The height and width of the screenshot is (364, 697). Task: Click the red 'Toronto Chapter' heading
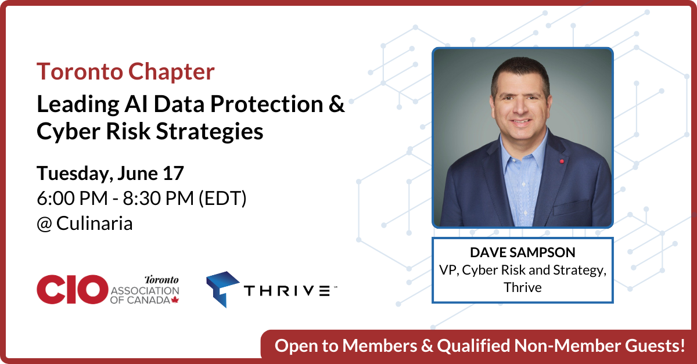pyautogui.click(x=125, y=71)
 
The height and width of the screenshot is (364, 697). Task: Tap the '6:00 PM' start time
pyautogui.click(x=72, y=198)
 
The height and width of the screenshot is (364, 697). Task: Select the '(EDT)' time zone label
pyautogui.click(x=222, y=199)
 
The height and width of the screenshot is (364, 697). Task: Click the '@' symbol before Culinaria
pyautogui.click(x=44, y=224)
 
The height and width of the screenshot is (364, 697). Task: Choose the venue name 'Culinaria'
pyautogui.click(x=94, y=223)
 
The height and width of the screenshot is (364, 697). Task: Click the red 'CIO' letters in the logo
pyautogui.click(x=72, y=289)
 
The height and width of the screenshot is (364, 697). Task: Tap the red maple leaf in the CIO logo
pyautogui.click(x=175, y=300)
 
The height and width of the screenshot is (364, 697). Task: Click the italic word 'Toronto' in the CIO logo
pyautogui.click(x=161, y=280)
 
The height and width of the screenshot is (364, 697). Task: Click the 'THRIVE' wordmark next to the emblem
pyautogui.click(x=287, y=291)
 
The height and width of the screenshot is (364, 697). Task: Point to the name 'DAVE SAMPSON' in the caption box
pyautogui.click(x=522, y=253)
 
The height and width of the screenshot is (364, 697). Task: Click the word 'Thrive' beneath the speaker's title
pyautogui.click(x=522, y=287)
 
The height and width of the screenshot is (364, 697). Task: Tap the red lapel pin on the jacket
pyautogui.click(x=562, y=161)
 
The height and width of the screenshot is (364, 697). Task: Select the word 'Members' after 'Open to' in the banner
pyautogui.click(x=380, y=346)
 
